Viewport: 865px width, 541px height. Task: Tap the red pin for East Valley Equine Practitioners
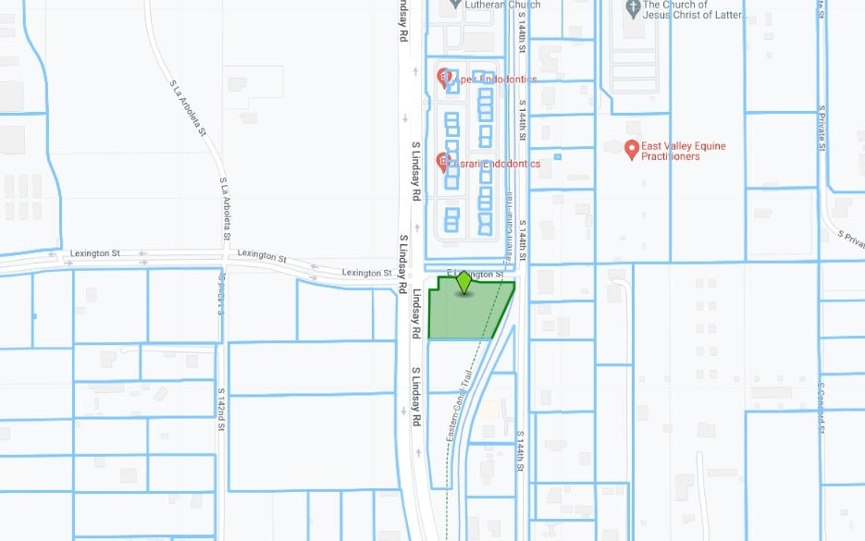(x=633, y=149)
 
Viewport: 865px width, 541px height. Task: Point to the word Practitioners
(x=673, y=157)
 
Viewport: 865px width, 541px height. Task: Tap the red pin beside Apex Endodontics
(x=442, y=76)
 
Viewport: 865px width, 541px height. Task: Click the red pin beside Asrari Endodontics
(x=442, y=162)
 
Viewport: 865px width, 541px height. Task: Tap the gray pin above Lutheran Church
(x=454, y=2)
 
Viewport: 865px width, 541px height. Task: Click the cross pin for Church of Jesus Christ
(x=633, y=9)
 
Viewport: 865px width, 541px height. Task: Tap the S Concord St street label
(x=820, y=405)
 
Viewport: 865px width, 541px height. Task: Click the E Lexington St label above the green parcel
(x=476, y=274)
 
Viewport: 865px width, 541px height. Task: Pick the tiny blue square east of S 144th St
(x=557, y=156)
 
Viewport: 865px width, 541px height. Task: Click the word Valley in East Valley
(x=684, y=146)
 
